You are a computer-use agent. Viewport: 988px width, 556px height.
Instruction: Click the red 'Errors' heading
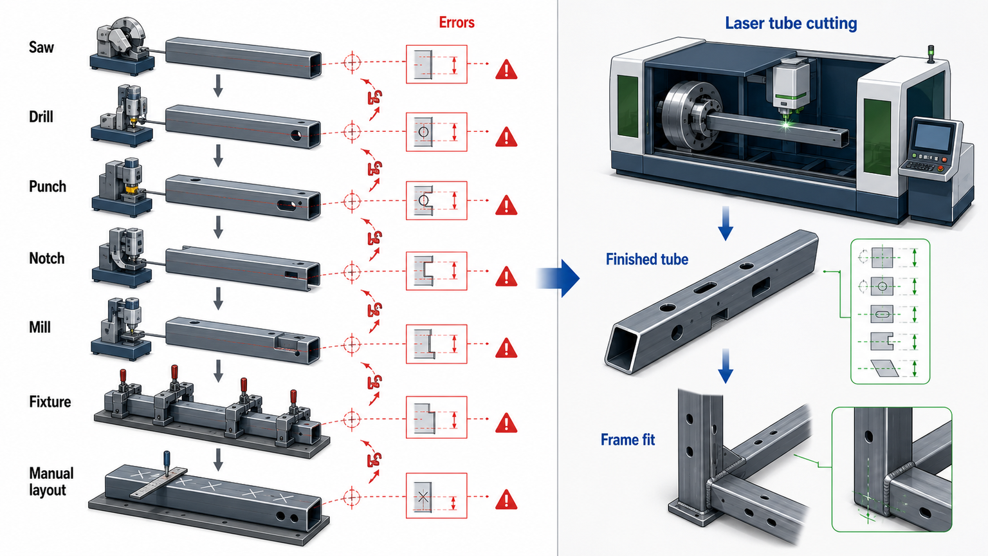click(x=457, y=22)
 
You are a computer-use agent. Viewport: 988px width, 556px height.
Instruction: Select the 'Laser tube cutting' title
click(x=791, y=23)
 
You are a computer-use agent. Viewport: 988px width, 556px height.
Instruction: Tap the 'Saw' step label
click(x=41, y=47)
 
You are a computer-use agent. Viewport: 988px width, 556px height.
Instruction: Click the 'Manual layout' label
click(x=51, y=481)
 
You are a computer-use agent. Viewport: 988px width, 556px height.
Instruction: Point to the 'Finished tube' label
click(x=647, y=259)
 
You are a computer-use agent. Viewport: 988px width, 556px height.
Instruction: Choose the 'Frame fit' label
click(x=628, y=440)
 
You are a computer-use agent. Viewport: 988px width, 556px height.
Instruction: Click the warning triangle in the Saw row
click(x=506, y=69)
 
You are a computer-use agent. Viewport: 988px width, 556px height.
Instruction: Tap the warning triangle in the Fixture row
click(x=506, y=422)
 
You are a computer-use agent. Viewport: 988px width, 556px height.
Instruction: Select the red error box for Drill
click(x=436, y=132)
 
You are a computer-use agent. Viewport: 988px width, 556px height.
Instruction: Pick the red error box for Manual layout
click(x=436, y=496)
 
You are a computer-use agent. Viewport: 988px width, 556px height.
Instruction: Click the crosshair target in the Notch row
click(x=352, y=272)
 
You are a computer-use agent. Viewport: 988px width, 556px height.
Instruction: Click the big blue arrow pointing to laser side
click(x=558, y=278)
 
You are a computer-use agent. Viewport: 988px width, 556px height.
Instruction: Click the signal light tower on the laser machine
click(x=931, y=55)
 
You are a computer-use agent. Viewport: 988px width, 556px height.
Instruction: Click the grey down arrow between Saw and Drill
click(x=218, y=86)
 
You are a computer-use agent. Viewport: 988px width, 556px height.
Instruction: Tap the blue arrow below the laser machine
click(x=726, y=223)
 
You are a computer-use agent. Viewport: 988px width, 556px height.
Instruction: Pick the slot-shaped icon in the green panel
click(x=882, y=315)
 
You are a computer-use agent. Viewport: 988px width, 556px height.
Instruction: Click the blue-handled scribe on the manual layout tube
click(x=167, y=463)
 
